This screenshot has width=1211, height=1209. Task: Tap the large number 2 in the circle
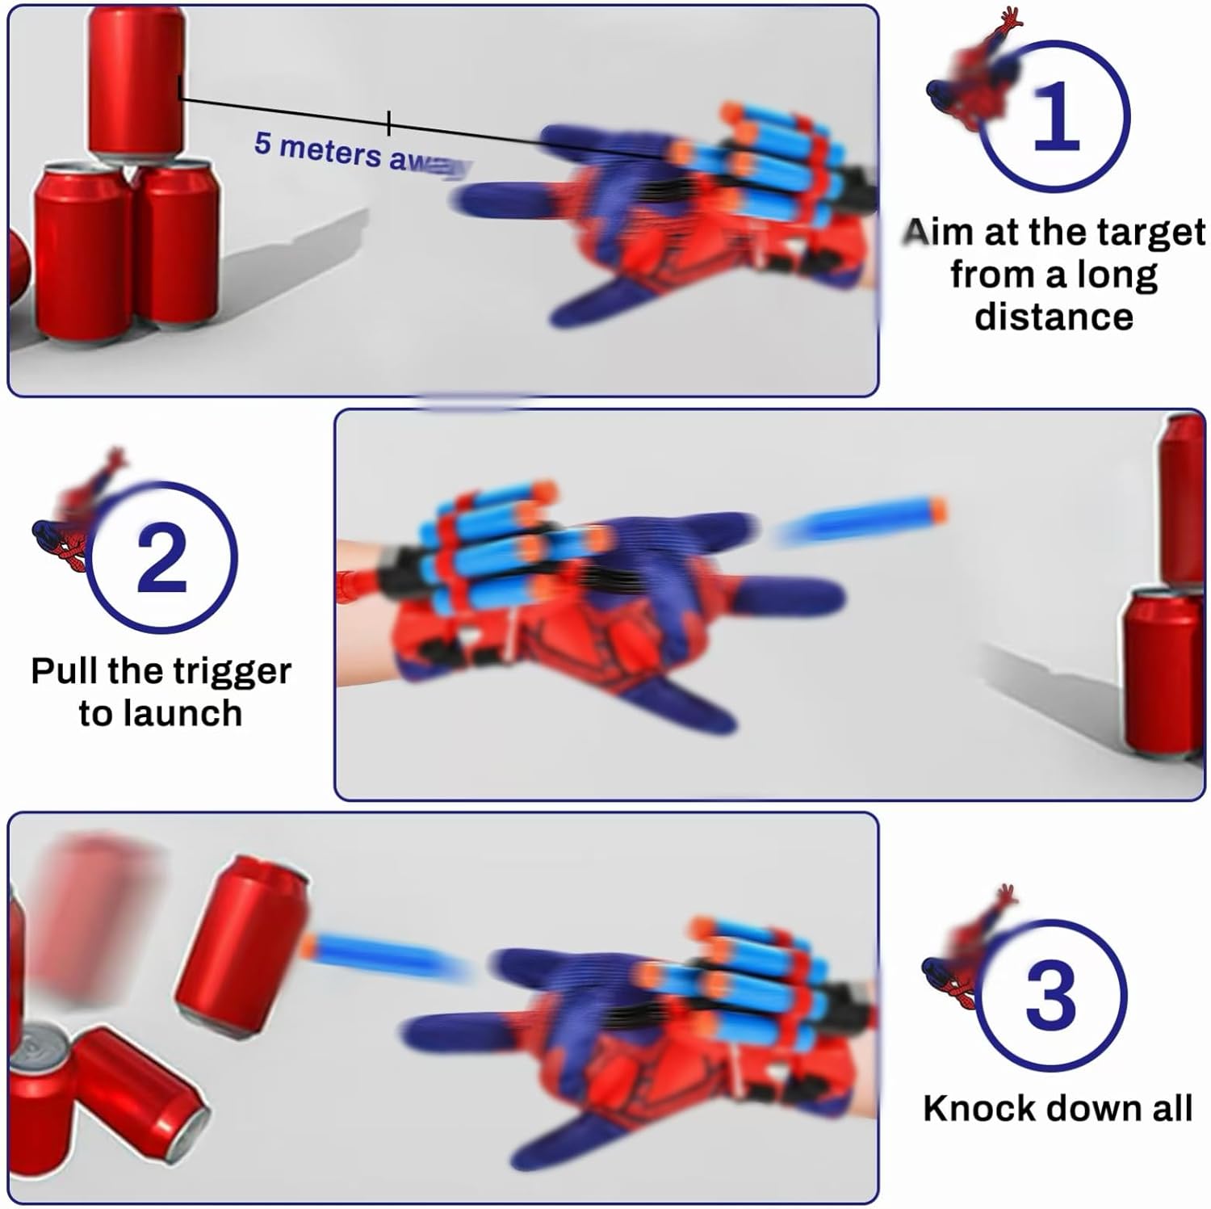coord(161,556)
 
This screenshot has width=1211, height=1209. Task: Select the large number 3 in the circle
coord(1051,995)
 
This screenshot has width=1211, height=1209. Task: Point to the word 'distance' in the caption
coord(1054,317)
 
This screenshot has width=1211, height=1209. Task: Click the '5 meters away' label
coord(359,152)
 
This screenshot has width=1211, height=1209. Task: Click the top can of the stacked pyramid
coord(136,81)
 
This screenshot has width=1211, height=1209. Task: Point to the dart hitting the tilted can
coord(379,951)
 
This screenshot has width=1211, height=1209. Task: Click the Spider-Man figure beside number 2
coord(77,509)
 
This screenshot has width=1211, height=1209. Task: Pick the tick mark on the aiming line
coord(389,123)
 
